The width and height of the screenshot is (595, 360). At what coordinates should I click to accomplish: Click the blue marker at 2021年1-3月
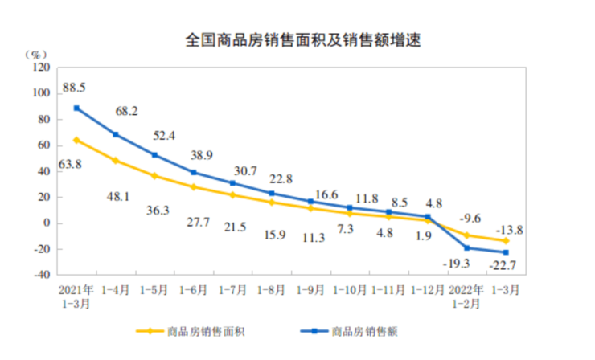tap(76, 108)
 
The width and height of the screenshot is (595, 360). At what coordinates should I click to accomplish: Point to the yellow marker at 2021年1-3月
tap(76, 140)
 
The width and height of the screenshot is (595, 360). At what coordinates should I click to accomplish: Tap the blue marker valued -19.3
tap(468, 247)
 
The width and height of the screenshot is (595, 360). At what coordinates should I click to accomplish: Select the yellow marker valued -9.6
tap(468, 235)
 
